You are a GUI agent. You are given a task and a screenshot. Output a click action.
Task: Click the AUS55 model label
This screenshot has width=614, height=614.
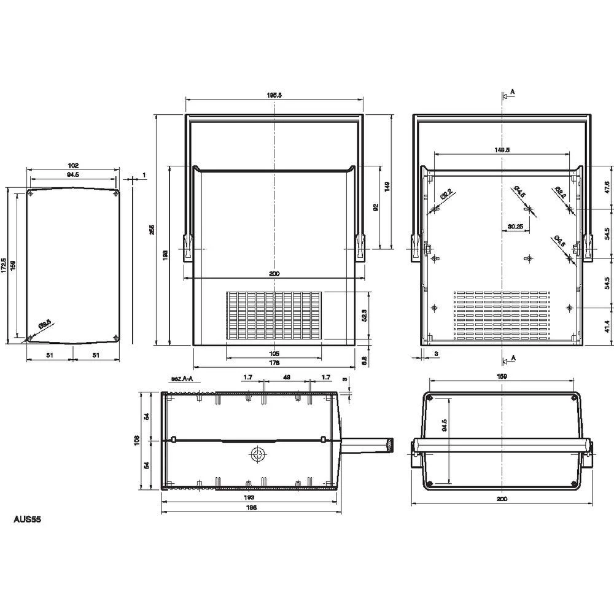[28, 519]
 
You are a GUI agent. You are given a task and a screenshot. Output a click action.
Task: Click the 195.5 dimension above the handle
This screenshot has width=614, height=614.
[274, 95]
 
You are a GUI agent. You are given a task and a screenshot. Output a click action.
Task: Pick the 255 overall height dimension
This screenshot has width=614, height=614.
[152, 229]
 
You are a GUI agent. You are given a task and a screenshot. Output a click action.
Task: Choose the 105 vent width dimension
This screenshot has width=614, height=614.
[274, 353]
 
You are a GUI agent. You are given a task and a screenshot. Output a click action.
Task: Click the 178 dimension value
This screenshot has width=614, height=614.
[274, 363]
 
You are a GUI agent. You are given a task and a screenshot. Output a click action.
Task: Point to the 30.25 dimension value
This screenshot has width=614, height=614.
[515, 226]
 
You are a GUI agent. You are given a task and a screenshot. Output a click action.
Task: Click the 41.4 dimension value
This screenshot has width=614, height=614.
[607, 326]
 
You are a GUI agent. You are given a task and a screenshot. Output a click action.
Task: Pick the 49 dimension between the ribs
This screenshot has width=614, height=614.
[286, 377]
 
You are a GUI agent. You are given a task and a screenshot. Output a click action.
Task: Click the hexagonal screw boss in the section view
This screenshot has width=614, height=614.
[257, 454]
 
